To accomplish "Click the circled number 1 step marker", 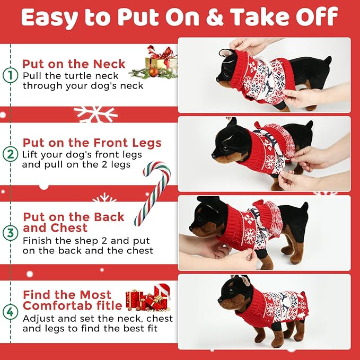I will click(10, 75).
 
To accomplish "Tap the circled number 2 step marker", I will click(10, 155).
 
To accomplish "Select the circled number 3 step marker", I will click(10, 232).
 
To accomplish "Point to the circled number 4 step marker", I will click(10, 312).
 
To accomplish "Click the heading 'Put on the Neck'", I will click(74, 64).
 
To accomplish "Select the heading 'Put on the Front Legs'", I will click(92, 143).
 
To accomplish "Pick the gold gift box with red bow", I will click(161, 59).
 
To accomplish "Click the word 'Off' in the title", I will click(318, 17).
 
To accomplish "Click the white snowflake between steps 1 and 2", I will click(95, 113).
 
